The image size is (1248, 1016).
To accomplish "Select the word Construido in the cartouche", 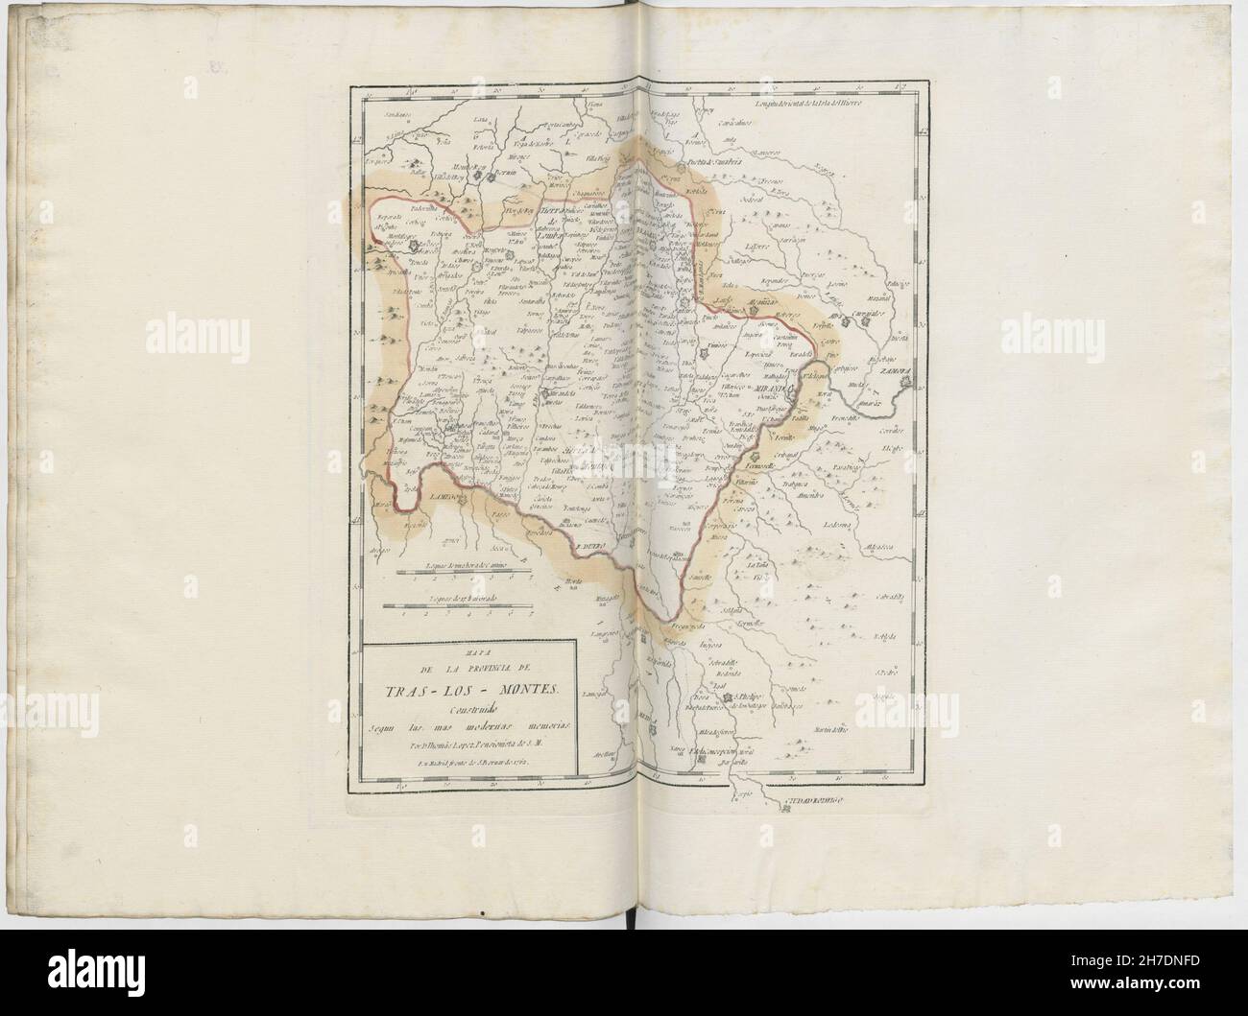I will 468,707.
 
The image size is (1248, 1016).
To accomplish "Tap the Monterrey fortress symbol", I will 488,177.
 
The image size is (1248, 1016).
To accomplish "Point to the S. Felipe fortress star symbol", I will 730,697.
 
